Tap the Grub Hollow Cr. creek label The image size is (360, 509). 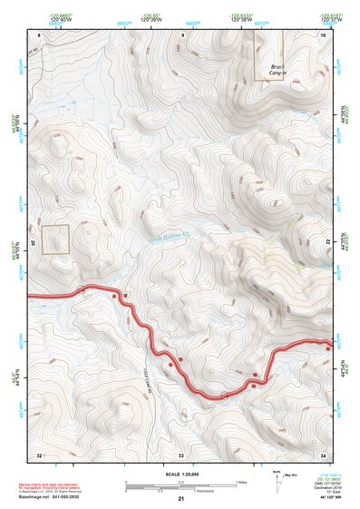pos(168,233)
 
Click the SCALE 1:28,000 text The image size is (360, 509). pos(181,474)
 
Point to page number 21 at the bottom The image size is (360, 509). pos(181,499)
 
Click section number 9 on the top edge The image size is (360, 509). pos(182,34)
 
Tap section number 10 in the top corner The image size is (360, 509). pos(323,34)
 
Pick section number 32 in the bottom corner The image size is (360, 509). pos(39,454)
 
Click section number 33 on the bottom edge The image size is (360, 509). pos(181,454)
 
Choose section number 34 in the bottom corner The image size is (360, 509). pos(323,454)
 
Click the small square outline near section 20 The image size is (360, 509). pos(55,239)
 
